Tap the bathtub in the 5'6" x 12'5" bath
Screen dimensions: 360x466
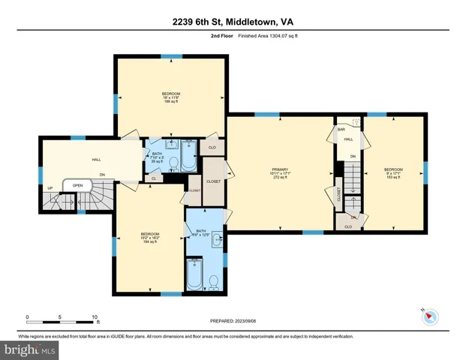click(194, 274)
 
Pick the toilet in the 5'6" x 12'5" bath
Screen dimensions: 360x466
click(215, 281)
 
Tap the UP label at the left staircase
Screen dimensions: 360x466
click(50, 188)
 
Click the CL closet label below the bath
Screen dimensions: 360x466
click(154, 178)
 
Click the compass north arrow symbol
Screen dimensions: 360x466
click(429, 317)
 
